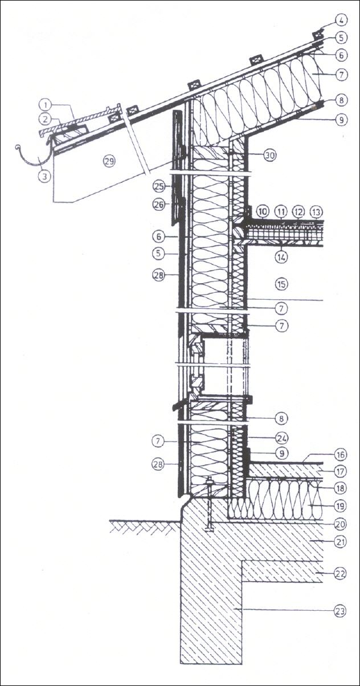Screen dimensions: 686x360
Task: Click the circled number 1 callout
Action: [x=45, y=105]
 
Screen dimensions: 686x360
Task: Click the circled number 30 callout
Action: [x=270, y=154]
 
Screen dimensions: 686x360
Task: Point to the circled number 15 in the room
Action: [x=280, y=283]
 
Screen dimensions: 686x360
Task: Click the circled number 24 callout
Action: [x=281, y=439]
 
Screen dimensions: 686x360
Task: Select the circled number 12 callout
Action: [x=298, y=212]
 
